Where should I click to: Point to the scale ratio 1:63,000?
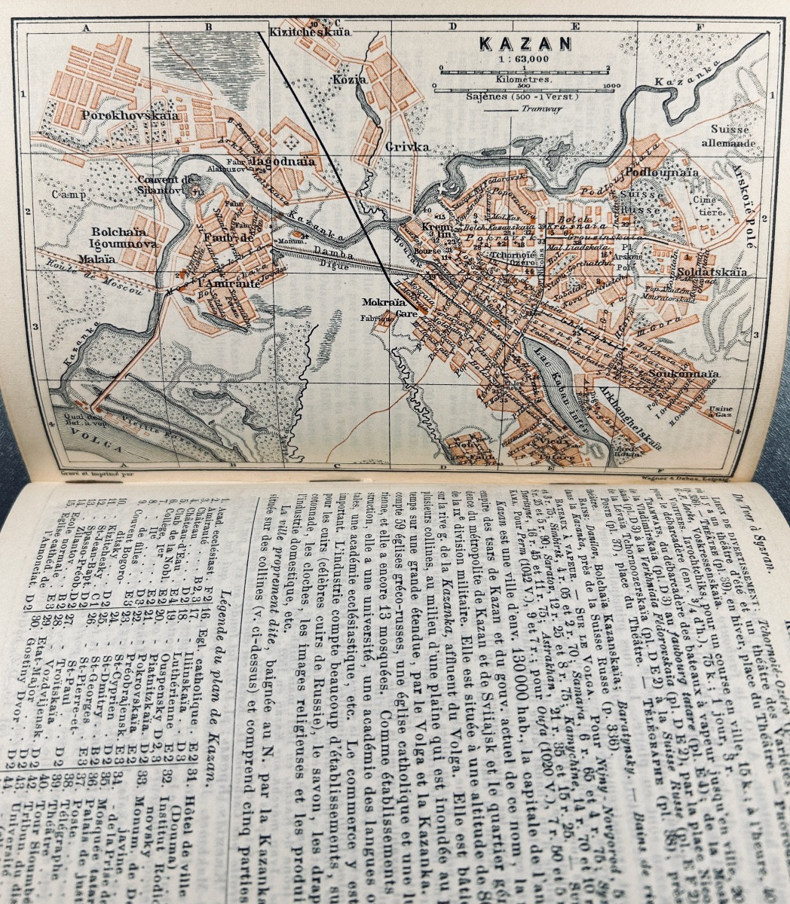(x=522, y=60)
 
